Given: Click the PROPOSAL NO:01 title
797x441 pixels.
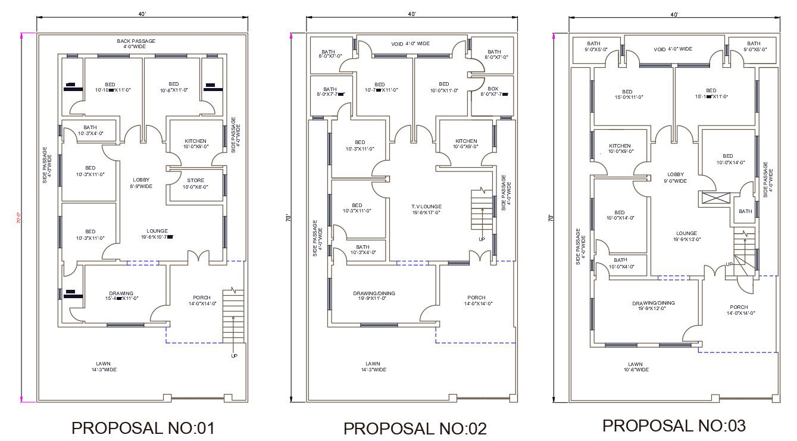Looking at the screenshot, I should (x=142, y=427).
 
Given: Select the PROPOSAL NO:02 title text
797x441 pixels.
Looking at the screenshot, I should (x=415, y=428).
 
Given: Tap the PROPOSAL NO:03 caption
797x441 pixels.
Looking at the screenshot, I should (x=674, y=426).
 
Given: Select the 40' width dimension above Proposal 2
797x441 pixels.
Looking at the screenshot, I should (x=411, y=14).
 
